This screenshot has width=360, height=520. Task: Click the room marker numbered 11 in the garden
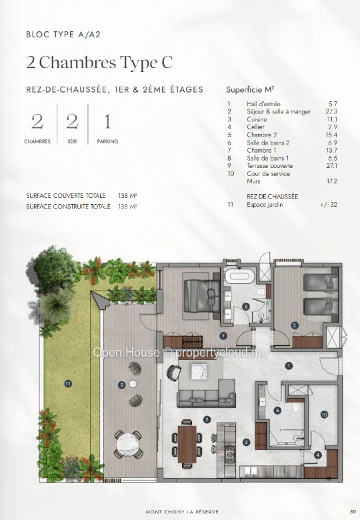(x=68, y=384)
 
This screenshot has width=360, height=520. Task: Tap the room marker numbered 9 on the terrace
(x=122, y=385)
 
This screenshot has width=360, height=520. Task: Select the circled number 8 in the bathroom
(x=245, y=307)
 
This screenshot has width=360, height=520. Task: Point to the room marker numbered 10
(x=324, y=414)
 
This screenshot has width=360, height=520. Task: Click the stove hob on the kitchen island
(x=230, y=453)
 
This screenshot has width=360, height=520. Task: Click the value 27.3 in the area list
(x=331, y=112)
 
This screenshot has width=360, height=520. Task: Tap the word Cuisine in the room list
(x=257, y=119)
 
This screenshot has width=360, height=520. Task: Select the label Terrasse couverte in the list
(x=270, y=166)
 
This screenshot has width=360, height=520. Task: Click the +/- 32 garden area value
(x=329, y=205)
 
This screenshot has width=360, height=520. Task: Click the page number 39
(x=353, y=511)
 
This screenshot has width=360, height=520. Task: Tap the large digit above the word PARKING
(x=107, y=122)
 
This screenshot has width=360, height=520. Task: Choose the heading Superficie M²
(x=250, y=89)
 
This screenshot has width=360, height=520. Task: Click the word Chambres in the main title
(x=78, y=63)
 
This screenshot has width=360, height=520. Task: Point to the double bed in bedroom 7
(x=199, y=295)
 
